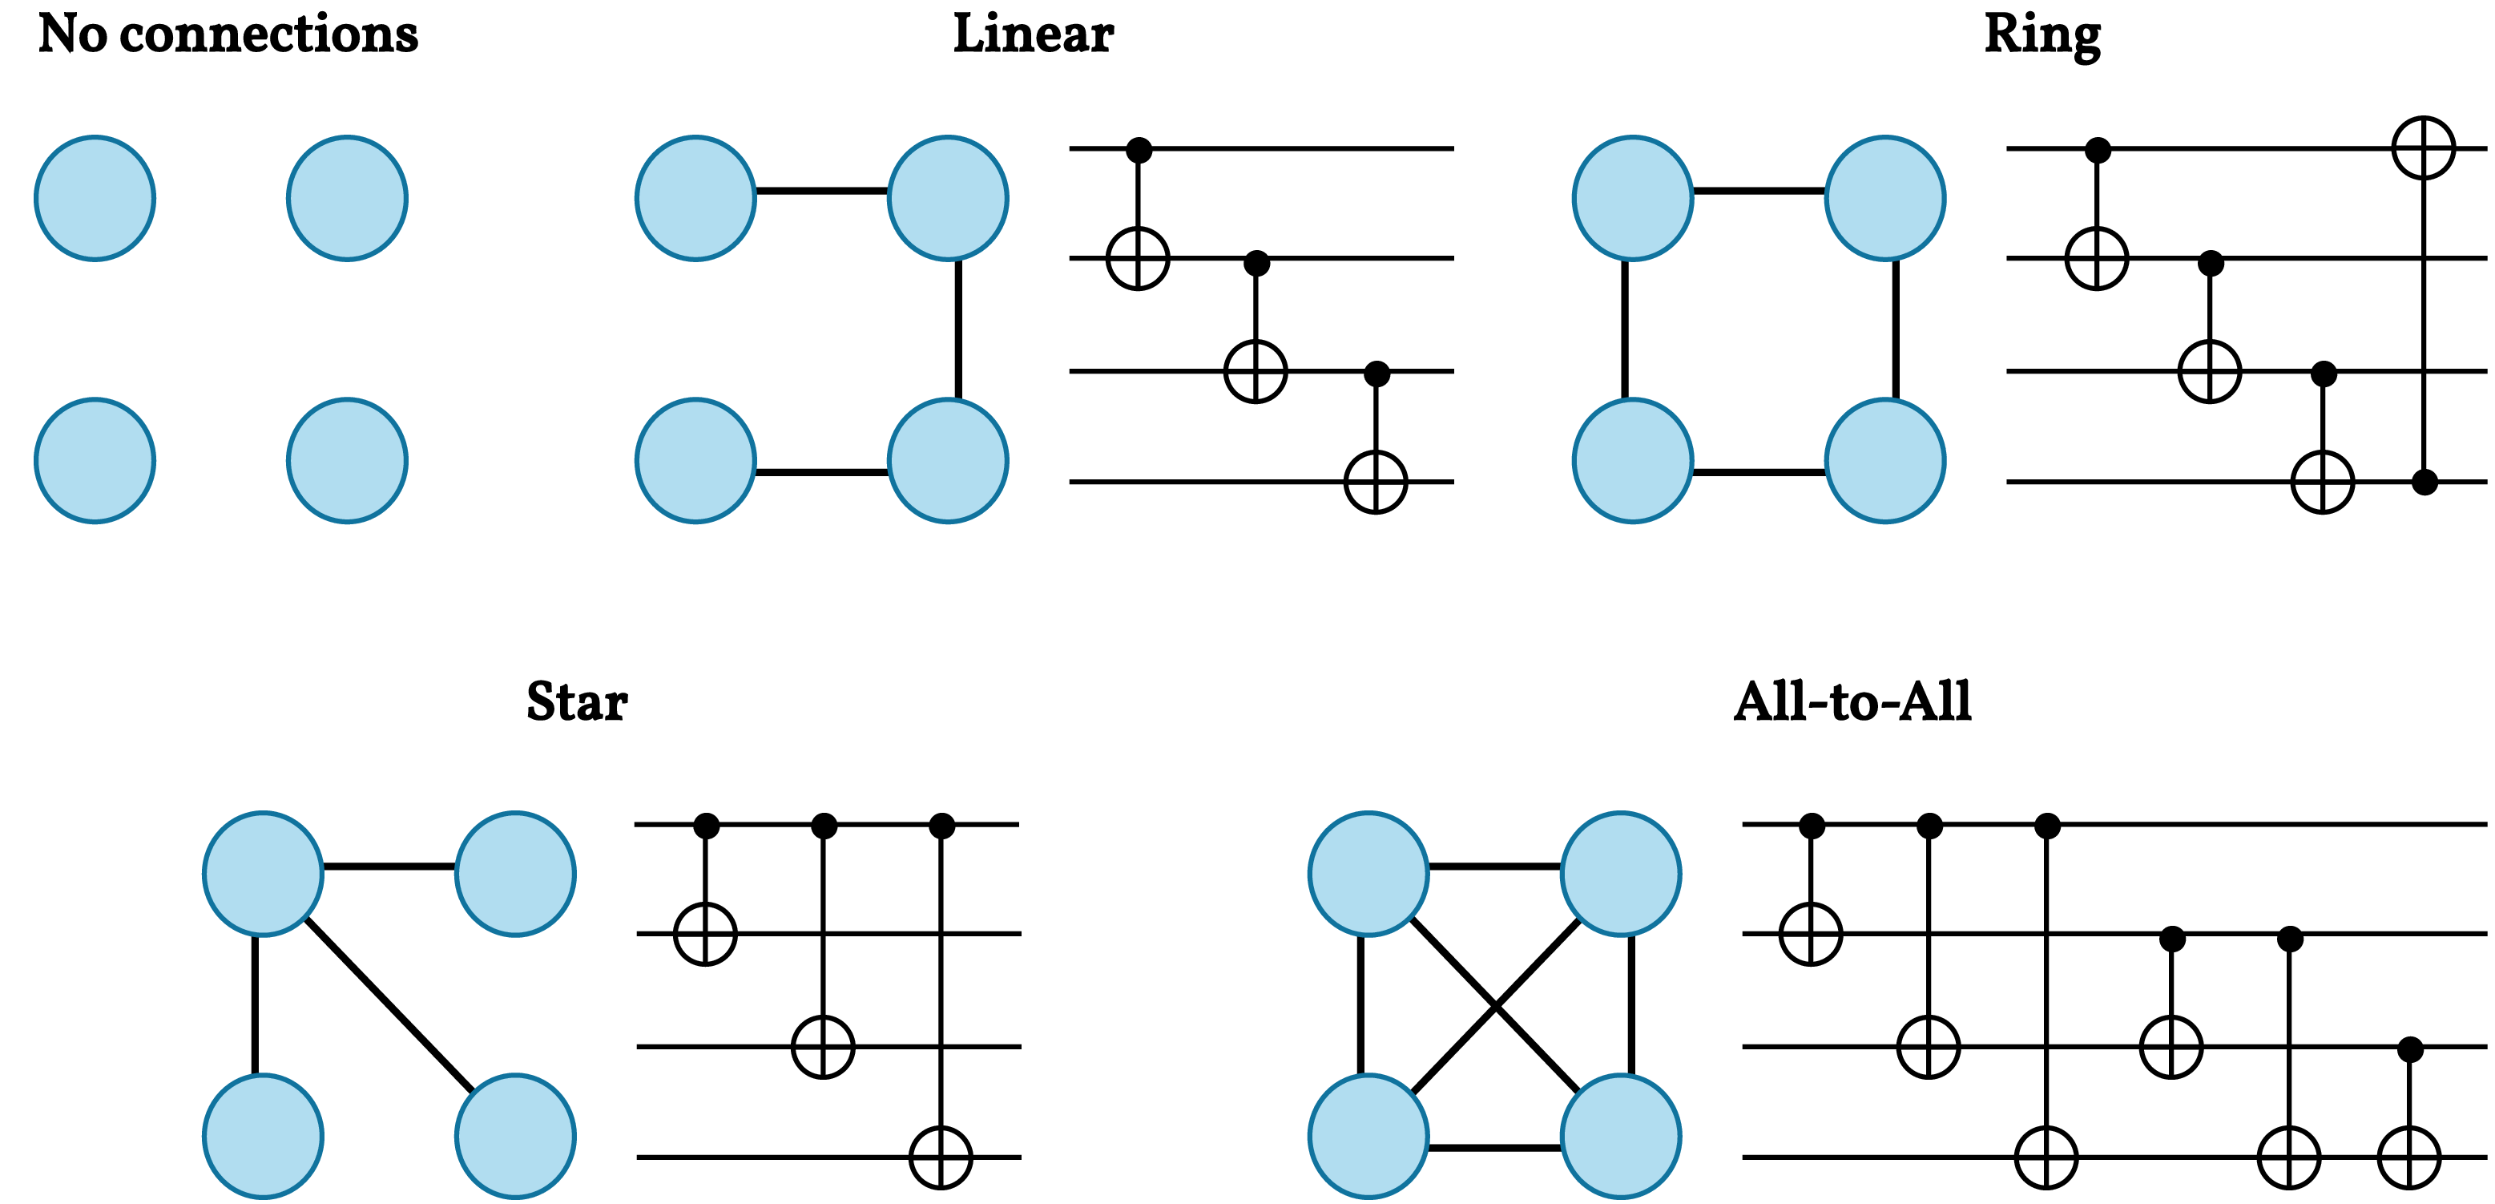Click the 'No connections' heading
[228, 35]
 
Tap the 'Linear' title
[1034, 35]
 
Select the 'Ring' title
[2042, 35]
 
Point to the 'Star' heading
[577, 701]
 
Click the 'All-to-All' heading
[1852, 701]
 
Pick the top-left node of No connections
[95, 199]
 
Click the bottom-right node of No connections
[347, 461]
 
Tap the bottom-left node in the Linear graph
[695, 461]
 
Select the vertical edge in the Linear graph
[958, 329]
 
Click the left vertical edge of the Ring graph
[1624, 329]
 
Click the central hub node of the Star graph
[264, 874]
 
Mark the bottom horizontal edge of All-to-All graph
[1494, 1148]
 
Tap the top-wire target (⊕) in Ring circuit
[2424, 148]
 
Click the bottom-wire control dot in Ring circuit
[2424, 482]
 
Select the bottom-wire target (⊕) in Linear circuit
[1376, 482]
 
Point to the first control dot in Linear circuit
[1139, 150]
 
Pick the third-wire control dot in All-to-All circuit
[2410, 1049]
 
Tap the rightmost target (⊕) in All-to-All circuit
[2408, 1157]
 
